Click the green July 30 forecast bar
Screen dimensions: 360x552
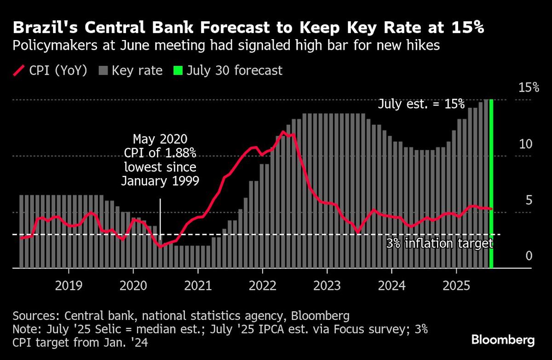click(x=491, y=184)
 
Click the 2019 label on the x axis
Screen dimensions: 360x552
click(x=69, y=286)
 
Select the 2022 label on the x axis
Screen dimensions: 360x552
click(x=263, y=286)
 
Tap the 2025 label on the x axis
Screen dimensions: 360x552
click(x=456, y=286)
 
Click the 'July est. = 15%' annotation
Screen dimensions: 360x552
click(x=421, y=104)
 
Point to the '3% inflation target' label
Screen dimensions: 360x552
click(x=439, y=243)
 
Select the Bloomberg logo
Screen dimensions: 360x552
click(x=503, y=341)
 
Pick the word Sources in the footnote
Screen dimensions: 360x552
click(x=34, y=316)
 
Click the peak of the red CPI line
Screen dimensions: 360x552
click(x=283, y=132)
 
